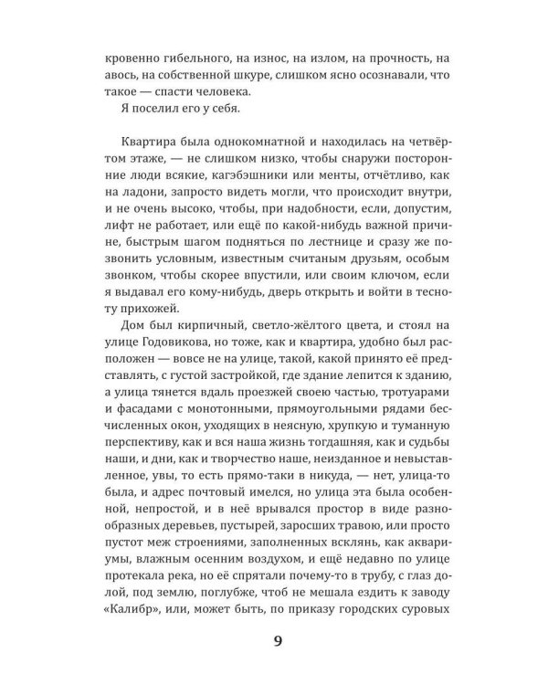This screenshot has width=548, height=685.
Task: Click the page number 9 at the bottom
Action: (x=278, y=640)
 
